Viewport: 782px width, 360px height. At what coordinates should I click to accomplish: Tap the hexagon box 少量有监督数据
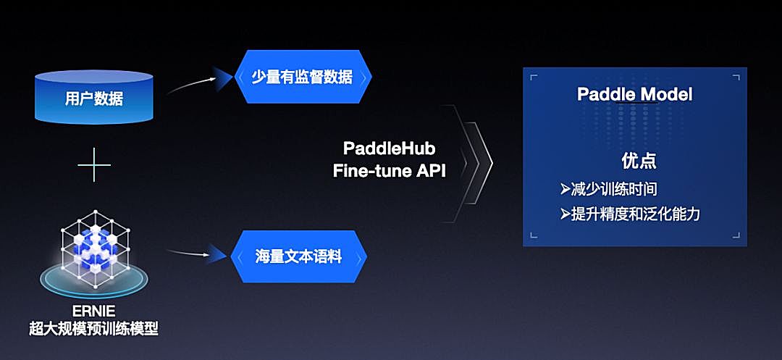(x=303, y=77)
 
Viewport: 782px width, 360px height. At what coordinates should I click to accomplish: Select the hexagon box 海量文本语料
(x=298, y=256)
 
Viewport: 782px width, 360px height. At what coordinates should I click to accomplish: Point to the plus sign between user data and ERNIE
(x=94, y=167)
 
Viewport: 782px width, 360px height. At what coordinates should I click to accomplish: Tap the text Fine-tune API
(x=389, y=171)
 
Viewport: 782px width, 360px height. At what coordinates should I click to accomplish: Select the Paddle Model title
(x=634, y=94)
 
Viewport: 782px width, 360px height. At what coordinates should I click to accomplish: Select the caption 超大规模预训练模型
(x=93, y=330)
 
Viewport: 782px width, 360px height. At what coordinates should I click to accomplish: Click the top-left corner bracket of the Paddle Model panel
(x=534, y=77)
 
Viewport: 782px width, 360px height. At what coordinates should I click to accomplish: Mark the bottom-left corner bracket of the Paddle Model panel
(x=534, y=233)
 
